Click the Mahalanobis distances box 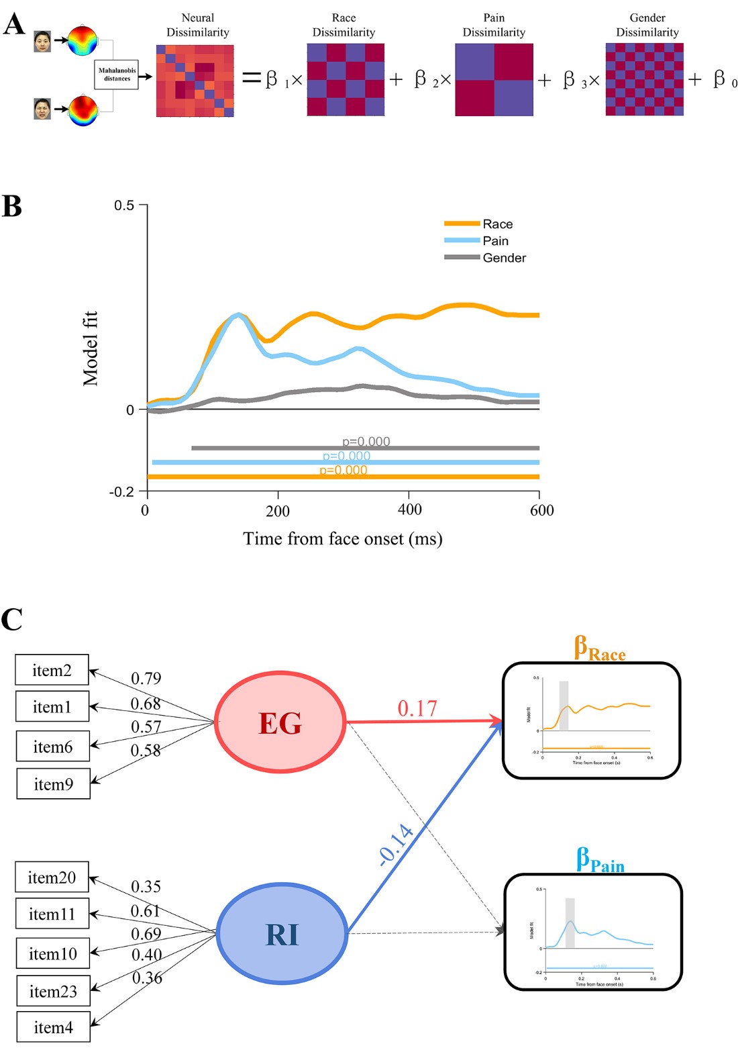pos(117,75)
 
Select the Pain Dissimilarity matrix pos(494,80)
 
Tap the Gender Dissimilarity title pos(647,25)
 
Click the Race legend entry pos(497,224)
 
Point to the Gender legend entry pos(504,258)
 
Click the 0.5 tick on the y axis pos(124,205)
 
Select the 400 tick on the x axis pos(409,510)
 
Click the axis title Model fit pos(90,348)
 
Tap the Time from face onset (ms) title pos(342,539)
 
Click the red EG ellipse pos(280,722)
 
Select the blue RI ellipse pos(282,934)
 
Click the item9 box pos(53,784)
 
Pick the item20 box pos(52,877)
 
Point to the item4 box pos(53,1027)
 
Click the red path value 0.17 pos(417,708)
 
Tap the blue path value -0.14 pos(395,844)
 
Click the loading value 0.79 pos(146,678)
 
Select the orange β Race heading pos(599,649)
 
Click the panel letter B pos(12,206)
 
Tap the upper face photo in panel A pos(42,42)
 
